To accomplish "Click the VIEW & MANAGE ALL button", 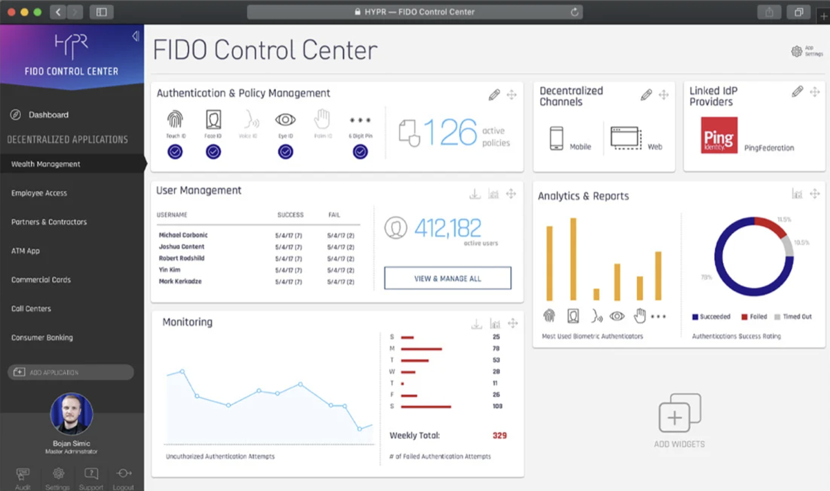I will click(448, 278).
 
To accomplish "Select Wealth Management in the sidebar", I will click(46, 164).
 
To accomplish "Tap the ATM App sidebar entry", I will click(26, 251).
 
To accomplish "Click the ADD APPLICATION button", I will click(71, 372).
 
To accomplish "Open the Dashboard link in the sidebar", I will click(48, 115).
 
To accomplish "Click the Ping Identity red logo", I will click(719, 135).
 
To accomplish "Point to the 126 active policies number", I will click(450, 132).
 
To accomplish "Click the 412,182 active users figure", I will click(448, 228).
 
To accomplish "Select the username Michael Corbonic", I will click(183, 235).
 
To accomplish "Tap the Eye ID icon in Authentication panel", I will click(286, 121).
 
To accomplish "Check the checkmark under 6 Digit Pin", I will click(360, 151).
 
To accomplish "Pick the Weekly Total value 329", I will click(499, 436).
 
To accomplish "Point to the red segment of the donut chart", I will click(770, 226).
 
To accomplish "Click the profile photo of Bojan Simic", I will click(71, 414).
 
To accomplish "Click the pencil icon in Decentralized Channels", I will click(646, 95).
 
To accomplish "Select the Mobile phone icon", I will click(557, 138).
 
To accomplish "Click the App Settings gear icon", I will click(796, 51).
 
